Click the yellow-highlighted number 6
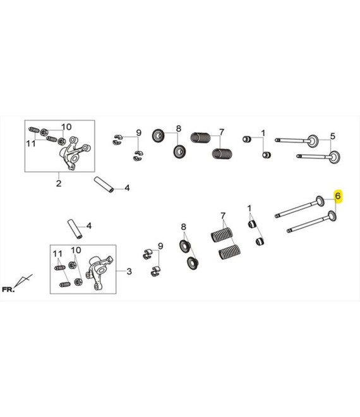(x=338, y=196)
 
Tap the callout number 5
(x=333, y=136)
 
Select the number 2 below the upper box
(x=59, y=183)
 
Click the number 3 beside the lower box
(x=129, y=271)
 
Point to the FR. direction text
(x=8, y=289)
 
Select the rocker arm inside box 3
(x=100, y=271)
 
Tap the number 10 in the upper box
(x=66, y=127)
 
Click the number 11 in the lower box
(x=57, y=254)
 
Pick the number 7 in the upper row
(x=222, y=132)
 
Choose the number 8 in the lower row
(x=183, y=227)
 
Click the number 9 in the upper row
(x=138, y=133)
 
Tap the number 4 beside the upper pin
(x=127, y=188)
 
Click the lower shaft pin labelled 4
(x=75, y=229)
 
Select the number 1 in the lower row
(x=249, y=208)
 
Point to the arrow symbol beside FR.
(x=23, y=280)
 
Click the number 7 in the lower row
(x=223, y=215)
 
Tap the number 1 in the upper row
(x=263, y=133)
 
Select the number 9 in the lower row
(x=160, y=246)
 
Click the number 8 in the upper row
(x=178, y=128)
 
